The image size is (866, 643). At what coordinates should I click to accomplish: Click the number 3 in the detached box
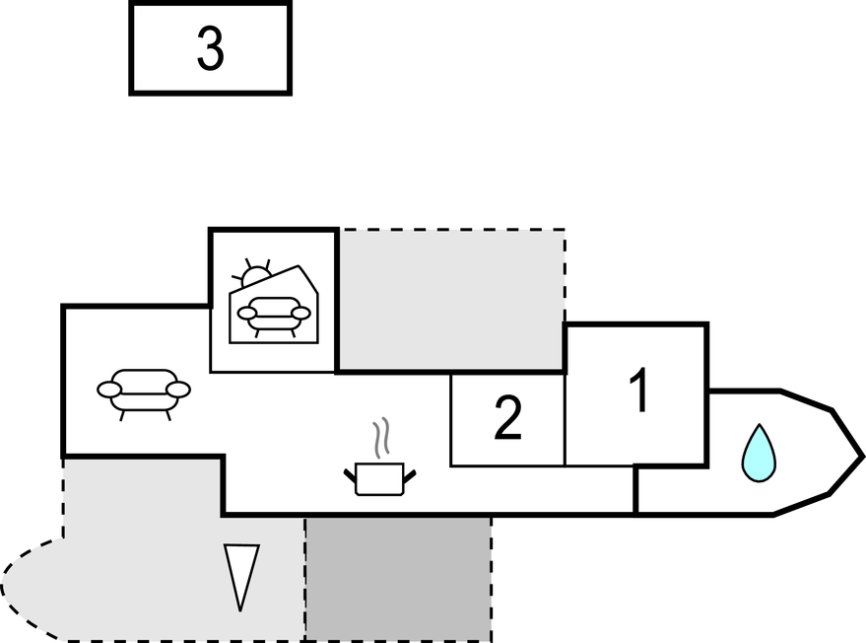tap(210, 48)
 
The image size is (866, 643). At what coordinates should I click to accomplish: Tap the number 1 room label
tap(639, 391)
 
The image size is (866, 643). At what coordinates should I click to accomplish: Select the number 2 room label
tap(507, 419)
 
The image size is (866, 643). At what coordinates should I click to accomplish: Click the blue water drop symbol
tap(759, 453)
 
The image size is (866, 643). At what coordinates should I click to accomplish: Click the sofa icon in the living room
tap(144, 391)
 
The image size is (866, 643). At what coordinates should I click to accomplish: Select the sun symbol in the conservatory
tap(253, 275)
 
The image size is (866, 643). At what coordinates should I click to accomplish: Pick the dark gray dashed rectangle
tap(398, 578)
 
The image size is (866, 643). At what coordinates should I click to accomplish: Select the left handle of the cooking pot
tap(350, 477)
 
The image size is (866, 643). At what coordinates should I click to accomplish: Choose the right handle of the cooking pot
tap(410, 477)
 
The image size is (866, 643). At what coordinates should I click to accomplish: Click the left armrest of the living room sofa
tap(109, 390)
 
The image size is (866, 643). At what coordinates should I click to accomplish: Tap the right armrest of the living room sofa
tap(178, 390)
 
